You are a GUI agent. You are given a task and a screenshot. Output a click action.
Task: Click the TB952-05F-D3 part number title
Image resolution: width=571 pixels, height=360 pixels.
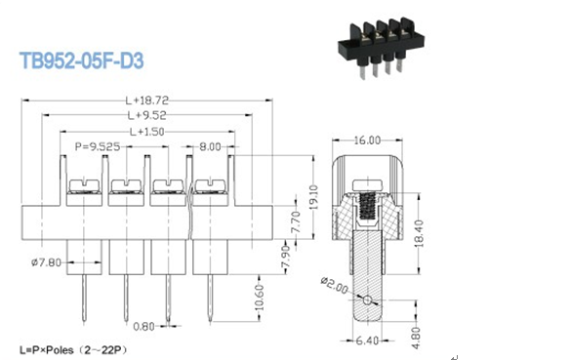point(82,60)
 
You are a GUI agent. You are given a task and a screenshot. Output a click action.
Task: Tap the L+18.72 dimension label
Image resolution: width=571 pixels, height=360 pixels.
point(147,100)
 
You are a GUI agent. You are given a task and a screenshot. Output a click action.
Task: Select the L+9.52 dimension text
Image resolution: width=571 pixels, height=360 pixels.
point(147,115)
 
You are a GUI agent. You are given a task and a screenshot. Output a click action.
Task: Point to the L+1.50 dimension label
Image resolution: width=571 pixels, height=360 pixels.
point(147,132)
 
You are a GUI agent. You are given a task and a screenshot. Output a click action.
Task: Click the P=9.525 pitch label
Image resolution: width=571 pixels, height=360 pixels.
point(98,146)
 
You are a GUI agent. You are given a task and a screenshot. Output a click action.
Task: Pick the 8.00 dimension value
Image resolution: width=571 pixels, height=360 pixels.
point(210,146)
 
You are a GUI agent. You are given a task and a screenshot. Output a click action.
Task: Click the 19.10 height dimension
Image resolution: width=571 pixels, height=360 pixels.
point(313,197)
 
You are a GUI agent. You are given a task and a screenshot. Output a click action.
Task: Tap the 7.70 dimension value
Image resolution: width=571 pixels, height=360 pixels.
point(296,222)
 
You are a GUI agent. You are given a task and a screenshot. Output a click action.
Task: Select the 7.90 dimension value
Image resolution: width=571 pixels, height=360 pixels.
point(286,259)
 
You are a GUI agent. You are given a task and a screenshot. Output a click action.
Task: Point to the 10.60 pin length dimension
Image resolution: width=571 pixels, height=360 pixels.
point(260,298)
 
